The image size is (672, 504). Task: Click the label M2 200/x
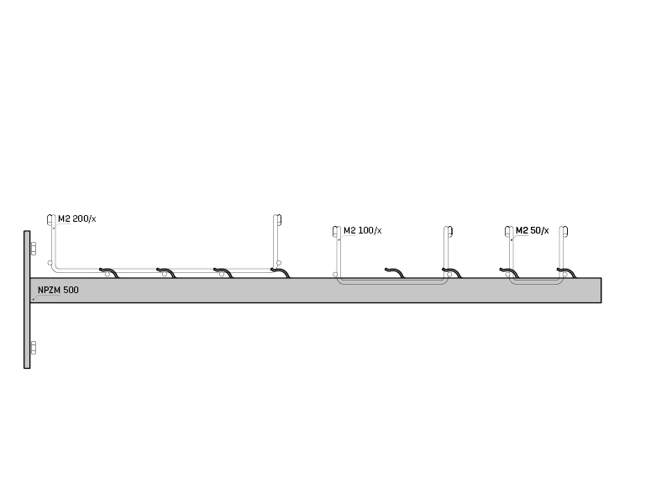tap(77, 219)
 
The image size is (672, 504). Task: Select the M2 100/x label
tap(363, 230)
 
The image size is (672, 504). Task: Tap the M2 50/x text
tap(533, 230)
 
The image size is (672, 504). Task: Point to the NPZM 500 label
tap(58, 290)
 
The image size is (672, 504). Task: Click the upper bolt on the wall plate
tap(33, 248)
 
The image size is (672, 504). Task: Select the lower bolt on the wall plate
tap(33, 348)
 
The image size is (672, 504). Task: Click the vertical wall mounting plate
tap(27, 300)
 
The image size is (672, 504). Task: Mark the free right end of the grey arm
tap(601, 290)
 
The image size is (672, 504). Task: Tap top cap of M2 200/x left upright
tap(51, 220)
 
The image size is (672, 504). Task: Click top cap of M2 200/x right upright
tap(277, 220)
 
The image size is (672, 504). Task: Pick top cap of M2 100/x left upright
tap(337, 232)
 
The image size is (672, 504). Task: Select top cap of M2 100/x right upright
tap(449, 232)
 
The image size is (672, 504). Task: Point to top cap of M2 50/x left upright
tap(509, 232)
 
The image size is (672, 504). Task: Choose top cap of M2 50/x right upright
tap(564, 232)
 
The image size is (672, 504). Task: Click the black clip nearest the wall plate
tap(109, 272)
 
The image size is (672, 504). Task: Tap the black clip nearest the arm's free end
tap(566, 272)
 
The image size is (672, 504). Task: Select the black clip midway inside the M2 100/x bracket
tap(394, 272)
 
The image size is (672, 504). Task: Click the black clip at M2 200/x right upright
tap(281, 272)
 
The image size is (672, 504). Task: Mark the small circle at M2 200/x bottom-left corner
tap(50, 263)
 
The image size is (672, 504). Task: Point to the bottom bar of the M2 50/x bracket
tap(536, 283)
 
